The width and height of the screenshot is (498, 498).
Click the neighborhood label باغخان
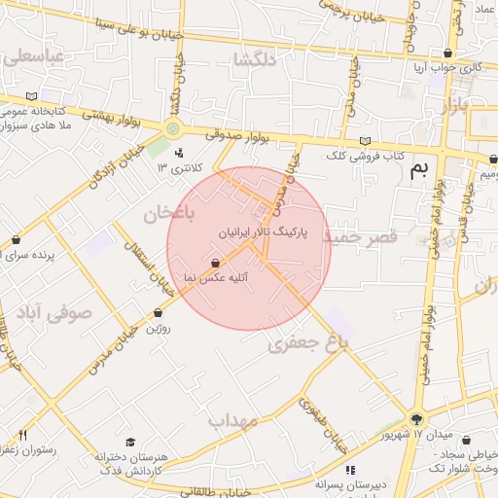tap(170, 211)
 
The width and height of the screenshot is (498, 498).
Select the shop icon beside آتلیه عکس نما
tap(215, 263)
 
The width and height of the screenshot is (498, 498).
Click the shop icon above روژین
tap(159, 313)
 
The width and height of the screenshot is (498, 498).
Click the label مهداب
tap(231, 420)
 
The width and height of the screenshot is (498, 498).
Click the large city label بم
tap(419, 170)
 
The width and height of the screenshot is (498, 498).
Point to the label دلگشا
tap(255, 60)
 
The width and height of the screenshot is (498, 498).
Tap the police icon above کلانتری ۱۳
tap(179, 153)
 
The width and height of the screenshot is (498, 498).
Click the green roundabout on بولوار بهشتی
tap(173, 128)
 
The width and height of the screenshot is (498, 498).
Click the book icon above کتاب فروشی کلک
tap(365, 141)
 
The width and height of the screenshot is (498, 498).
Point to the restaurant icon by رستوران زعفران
tap(22, 435)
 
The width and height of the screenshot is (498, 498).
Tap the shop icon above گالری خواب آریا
tap(447, 53)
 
